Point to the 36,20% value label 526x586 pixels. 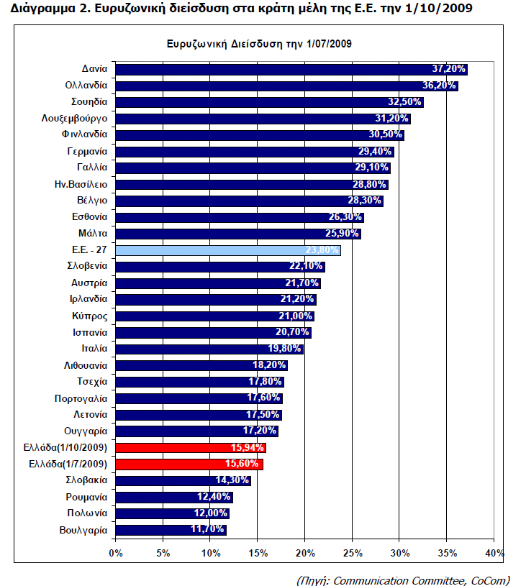tap(439, 86)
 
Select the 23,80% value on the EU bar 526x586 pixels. tap(322, 250)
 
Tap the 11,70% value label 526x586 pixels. tap(208, 530)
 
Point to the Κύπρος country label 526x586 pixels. tap(90, 316)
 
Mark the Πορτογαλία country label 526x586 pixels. tap(81, 398)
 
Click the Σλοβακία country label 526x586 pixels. tap(86, 480)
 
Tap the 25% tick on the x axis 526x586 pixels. tap(353, 553)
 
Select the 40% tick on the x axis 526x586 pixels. tap(494, 553)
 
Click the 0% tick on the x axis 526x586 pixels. tap(116, 553)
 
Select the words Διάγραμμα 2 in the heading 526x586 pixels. tap(43, 9)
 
